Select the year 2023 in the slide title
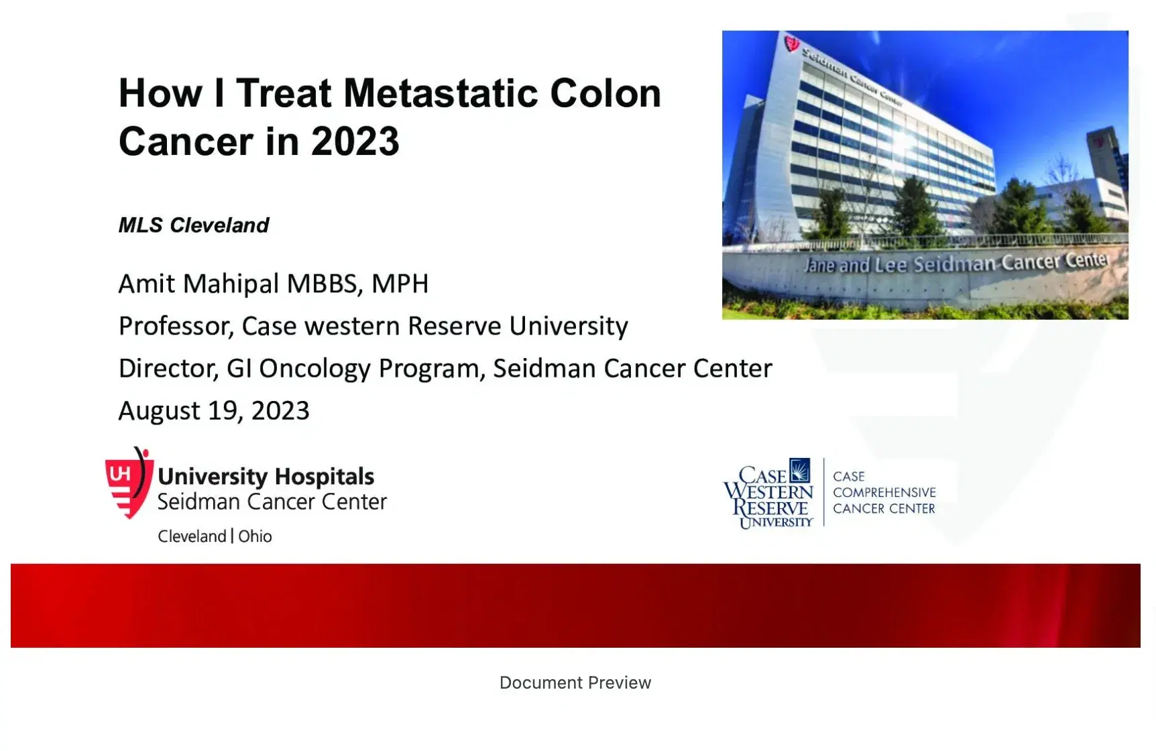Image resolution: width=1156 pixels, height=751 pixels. click(355, 141)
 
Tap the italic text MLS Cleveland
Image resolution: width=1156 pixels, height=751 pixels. click(193, 225)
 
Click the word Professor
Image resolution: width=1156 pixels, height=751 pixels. click(176, 327)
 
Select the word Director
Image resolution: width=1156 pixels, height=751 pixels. click(168, 369)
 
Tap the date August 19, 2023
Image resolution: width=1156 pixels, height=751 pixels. click(213, 410)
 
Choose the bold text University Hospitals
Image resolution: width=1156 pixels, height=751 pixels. click(266, 477)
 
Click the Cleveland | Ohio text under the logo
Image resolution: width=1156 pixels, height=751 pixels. click(215, 536)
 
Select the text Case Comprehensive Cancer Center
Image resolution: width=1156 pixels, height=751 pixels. click(884, 492)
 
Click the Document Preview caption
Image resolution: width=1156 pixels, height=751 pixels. click(575, 683)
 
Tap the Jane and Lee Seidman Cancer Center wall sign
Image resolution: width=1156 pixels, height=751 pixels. click(956, 263)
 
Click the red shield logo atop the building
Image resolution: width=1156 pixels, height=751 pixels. click(792, 45)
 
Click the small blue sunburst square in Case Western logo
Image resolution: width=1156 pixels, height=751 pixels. click(799, 470)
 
